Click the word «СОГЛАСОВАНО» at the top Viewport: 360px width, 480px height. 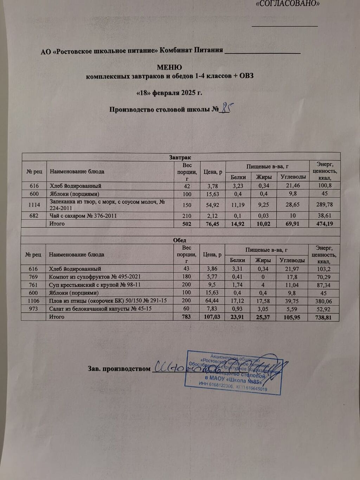tap(288, 4)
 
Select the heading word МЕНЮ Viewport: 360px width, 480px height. tap(169, 67)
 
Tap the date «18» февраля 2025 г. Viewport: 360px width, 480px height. tap(169, 93)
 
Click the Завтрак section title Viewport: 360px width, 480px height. tap(180, 158)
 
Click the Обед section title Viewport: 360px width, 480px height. tap(179, 240)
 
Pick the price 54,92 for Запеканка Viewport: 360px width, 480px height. tap(213, 205)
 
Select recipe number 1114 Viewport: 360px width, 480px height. tap(34, 205)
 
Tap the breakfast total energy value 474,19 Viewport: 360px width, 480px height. tap(324, 224)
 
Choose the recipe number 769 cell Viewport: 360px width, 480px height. tap(33, 277)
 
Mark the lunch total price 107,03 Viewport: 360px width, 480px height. tap(212, 317)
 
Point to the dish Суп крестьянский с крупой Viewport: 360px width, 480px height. tap(95, 284)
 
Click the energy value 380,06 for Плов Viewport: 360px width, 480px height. tap(323, 301)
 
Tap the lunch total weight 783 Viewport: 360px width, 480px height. tap(186, 316)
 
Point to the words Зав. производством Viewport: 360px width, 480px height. tap(119, 369)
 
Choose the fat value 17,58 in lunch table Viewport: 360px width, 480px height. tap(263, 301)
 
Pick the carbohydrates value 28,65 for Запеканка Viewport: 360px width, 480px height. tap(292, 205)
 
